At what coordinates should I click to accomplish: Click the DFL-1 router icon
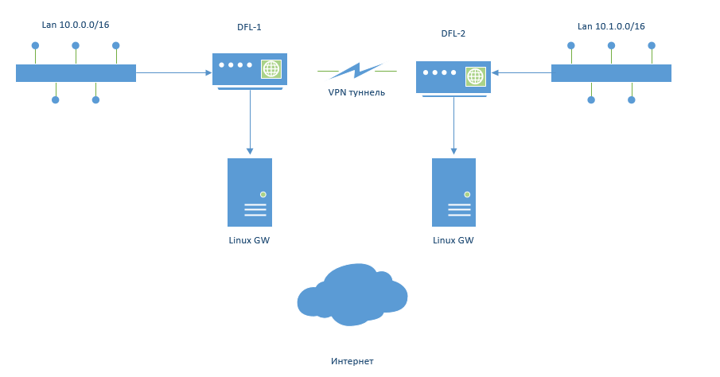click(x=249, y=69)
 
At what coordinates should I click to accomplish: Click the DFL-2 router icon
click(x=453, y=77)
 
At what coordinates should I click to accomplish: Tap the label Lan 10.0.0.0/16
click(x=75, y=25)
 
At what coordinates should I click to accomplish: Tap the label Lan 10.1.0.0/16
click(x=610, y=26)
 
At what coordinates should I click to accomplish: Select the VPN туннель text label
click(x=356, y=92)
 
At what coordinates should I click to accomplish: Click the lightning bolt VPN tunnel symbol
click(x=356, y=72)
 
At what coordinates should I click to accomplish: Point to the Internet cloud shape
click(x=352, y=295)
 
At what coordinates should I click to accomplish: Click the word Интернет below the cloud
click(x=352, y=361)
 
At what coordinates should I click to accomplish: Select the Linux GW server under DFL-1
click(x=250, y=192)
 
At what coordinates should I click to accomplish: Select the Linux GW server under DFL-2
click(x=453, y=192)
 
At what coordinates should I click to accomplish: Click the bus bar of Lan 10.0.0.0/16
click(x=76, y=73)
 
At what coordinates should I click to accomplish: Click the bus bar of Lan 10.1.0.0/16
click(x=611, y=73)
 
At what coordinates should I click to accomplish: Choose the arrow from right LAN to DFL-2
click(x=521, y=73)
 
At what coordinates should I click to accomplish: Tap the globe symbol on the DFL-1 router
click(x=271, y=68)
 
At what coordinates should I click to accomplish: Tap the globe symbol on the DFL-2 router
click(x=475, y=76)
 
